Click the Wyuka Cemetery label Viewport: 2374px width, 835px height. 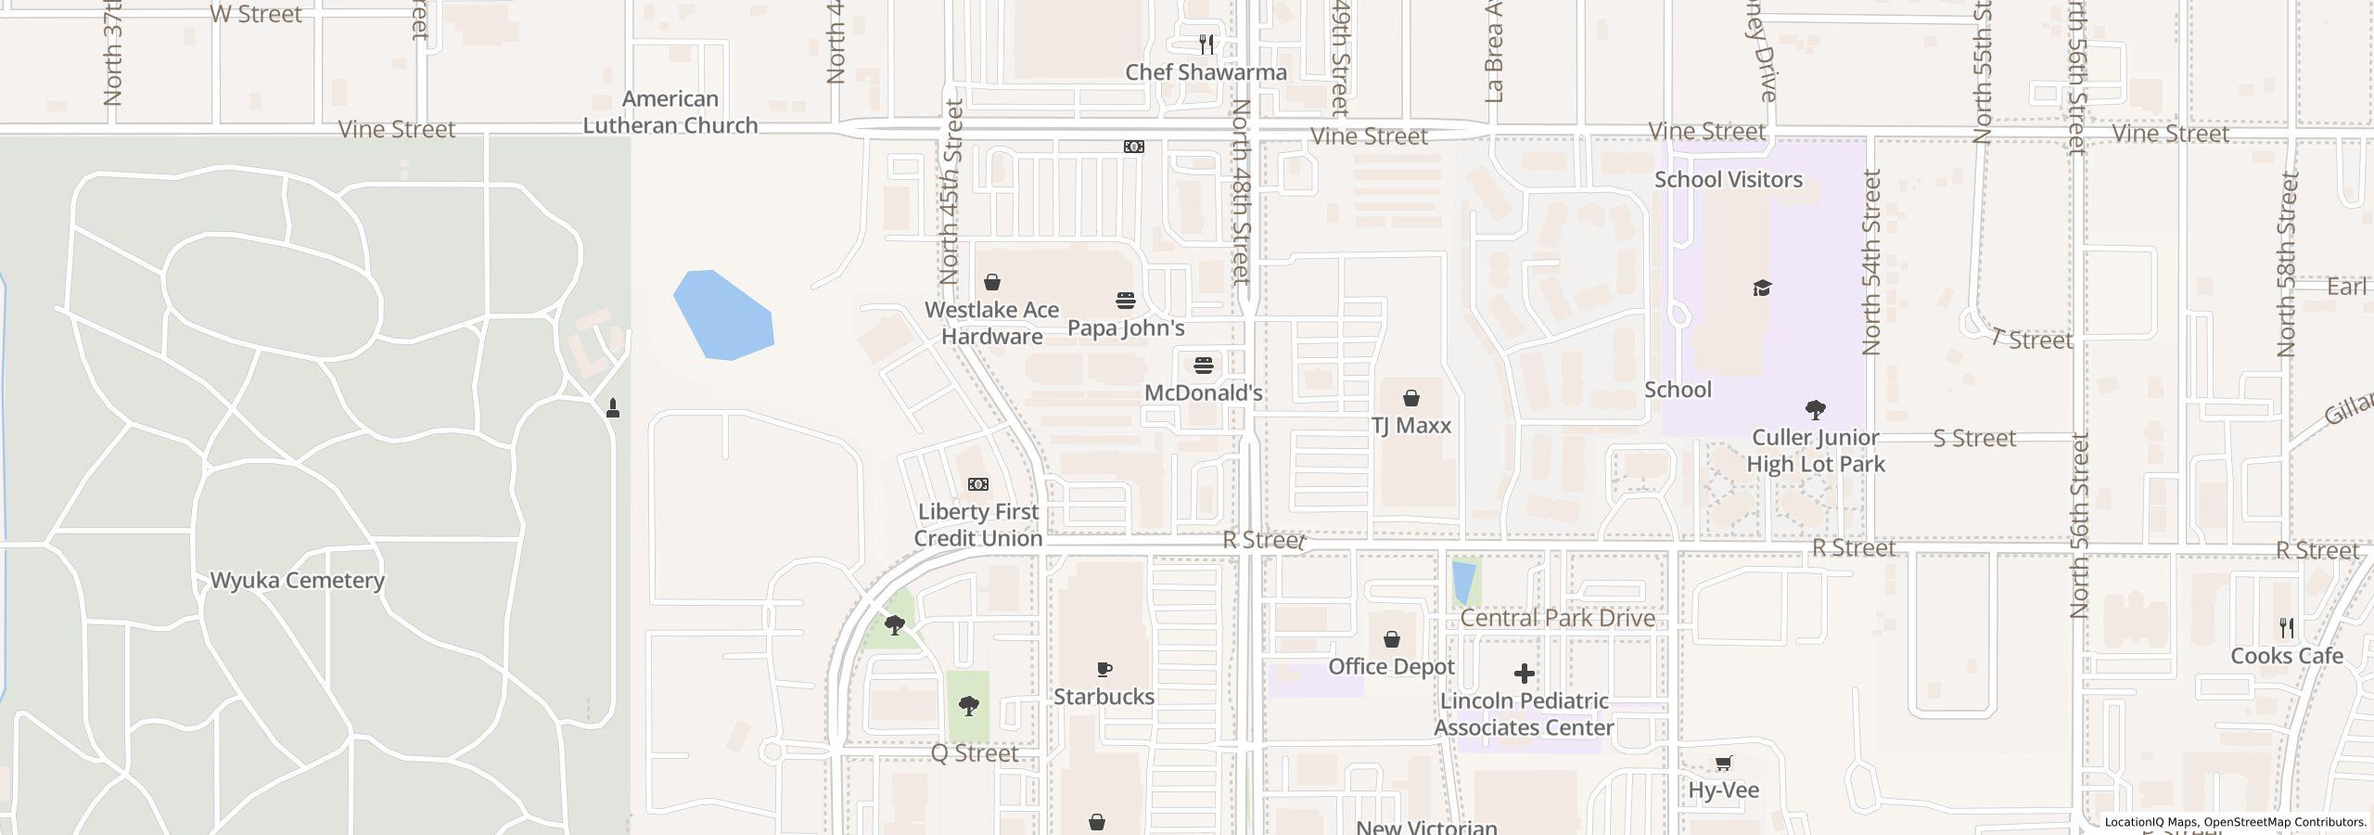click(x=297, y=581)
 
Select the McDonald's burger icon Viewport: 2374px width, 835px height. click(x=1203, y=366)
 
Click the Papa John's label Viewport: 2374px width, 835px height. click(x=1126, y=328)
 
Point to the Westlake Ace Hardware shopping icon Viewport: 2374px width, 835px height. click(x=992, y=282)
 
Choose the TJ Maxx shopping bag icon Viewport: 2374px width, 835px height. click(x=1410, y=398)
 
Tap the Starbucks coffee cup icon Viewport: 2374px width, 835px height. click(x=1104, y=669)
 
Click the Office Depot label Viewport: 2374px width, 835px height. click(x=1391, y=667)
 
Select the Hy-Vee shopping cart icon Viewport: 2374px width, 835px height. click(x=1723, y=764)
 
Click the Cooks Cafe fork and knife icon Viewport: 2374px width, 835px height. click(x=2286, y=628)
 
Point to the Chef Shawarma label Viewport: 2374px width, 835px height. click(x=1206, y=72)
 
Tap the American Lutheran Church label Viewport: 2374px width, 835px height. click(x=670, y=112)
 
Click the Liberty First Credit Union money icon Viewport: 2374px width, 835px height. click(x=977, y=484)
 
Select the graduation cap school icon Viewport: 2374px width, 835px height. click(x=1762, y=288)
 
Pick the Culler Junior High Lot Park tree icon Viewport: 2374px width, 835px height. click(x=1815, y=409)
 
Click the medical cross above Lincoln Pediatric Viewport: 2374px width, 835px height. click(x=1524, y=674)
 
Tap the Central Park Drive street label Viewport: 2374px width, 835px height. click(x=1557, y=618)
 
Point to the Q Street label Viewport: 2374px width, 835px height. click(x=974, y=753)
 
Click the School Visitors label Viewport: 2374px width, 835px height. click(x=1729, y=180)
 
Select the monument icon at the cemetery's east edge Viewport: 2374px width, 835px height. click(x=613, y=407)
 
